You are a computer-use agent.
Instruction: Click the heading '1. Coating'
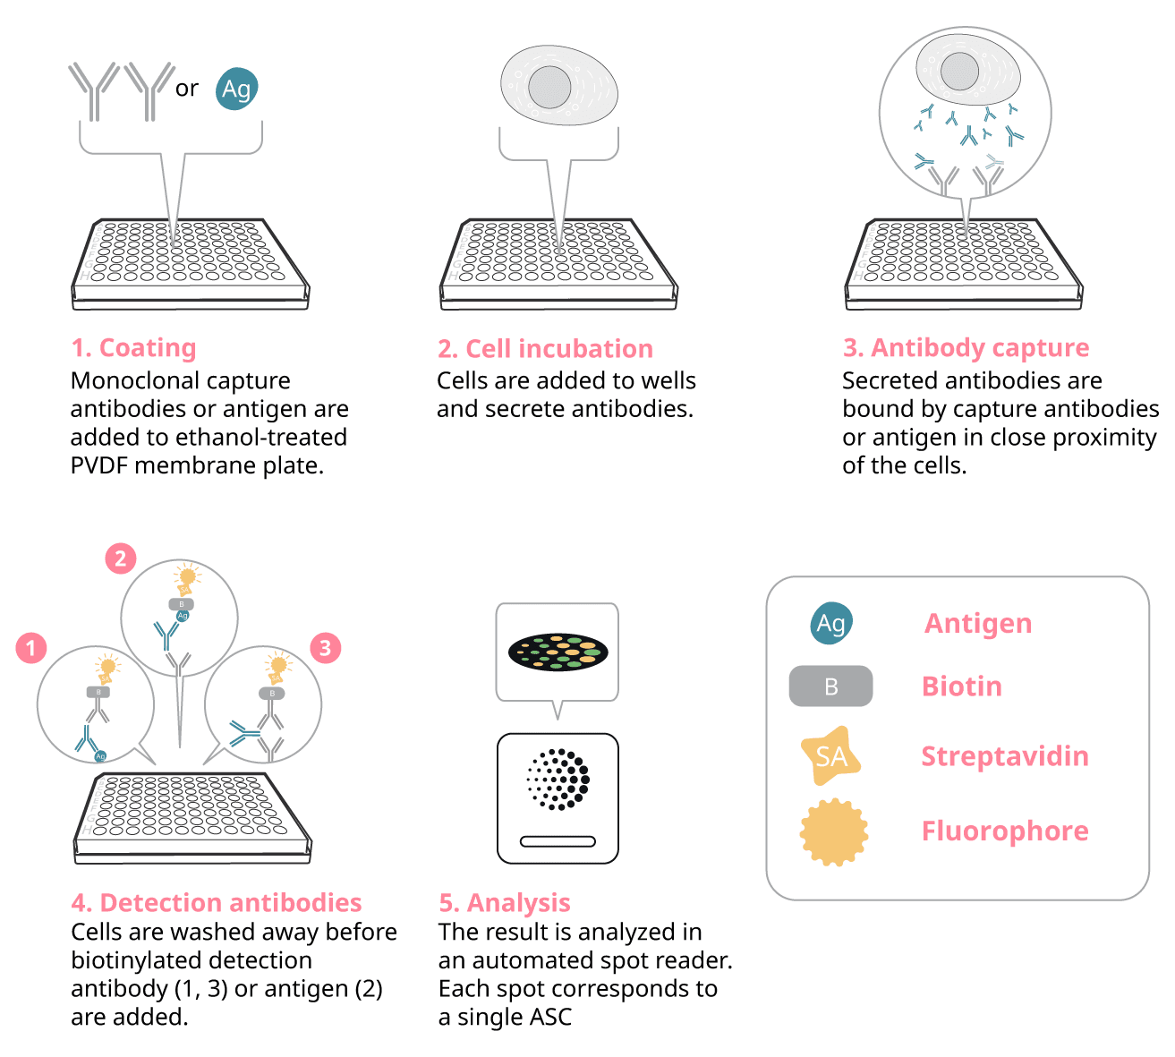click(x=133, y=347)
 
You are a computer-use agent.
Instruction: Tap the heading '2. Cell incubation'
click(x=545, y=348)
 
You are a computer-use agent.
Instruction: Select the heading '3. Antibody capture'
click(x=966, y=347)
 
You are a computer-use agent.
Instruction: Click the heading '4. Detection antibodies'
click(x=217, y=902)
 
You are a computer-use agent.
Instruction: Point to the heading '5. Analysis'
click(x=505, y=902)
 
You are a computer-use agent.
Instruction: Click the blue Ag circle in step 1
click(x=237, y=89)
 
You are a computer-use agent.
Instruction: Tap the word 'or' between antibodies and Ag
click(x=187, y=89)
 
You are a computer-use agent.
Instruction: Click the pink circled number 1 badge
click(x=31, y=647)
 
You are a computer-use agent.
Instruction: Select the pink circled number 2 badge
click(x=121, y=559)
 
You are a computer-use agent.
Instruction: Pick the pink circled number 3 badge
click(x=325, y=647)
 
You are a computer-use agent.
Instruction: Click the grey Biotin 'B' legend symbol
click(x=830, y=686)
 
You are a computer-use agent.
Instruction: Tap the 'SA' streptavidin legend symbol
click(x=830, y=756)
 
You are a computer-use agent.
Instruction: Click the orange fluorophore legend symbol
click(x=834, y=831)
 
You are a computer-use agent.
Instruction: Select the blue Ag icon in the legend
click(x=831, y=623)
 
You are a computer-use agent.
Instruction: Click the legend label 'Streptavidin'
click(x=1005, y=756)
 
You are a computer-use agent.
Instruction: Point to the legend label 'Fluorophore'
click(x=1005, y=831)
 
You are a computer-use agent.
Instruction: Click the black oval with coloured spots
click(x=558, y=652)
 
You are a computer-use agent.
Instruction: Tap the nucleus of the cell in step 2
click(x=549, y=86)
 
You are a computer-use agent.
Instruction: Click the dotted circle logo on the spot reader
click(x=558, y=779)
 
